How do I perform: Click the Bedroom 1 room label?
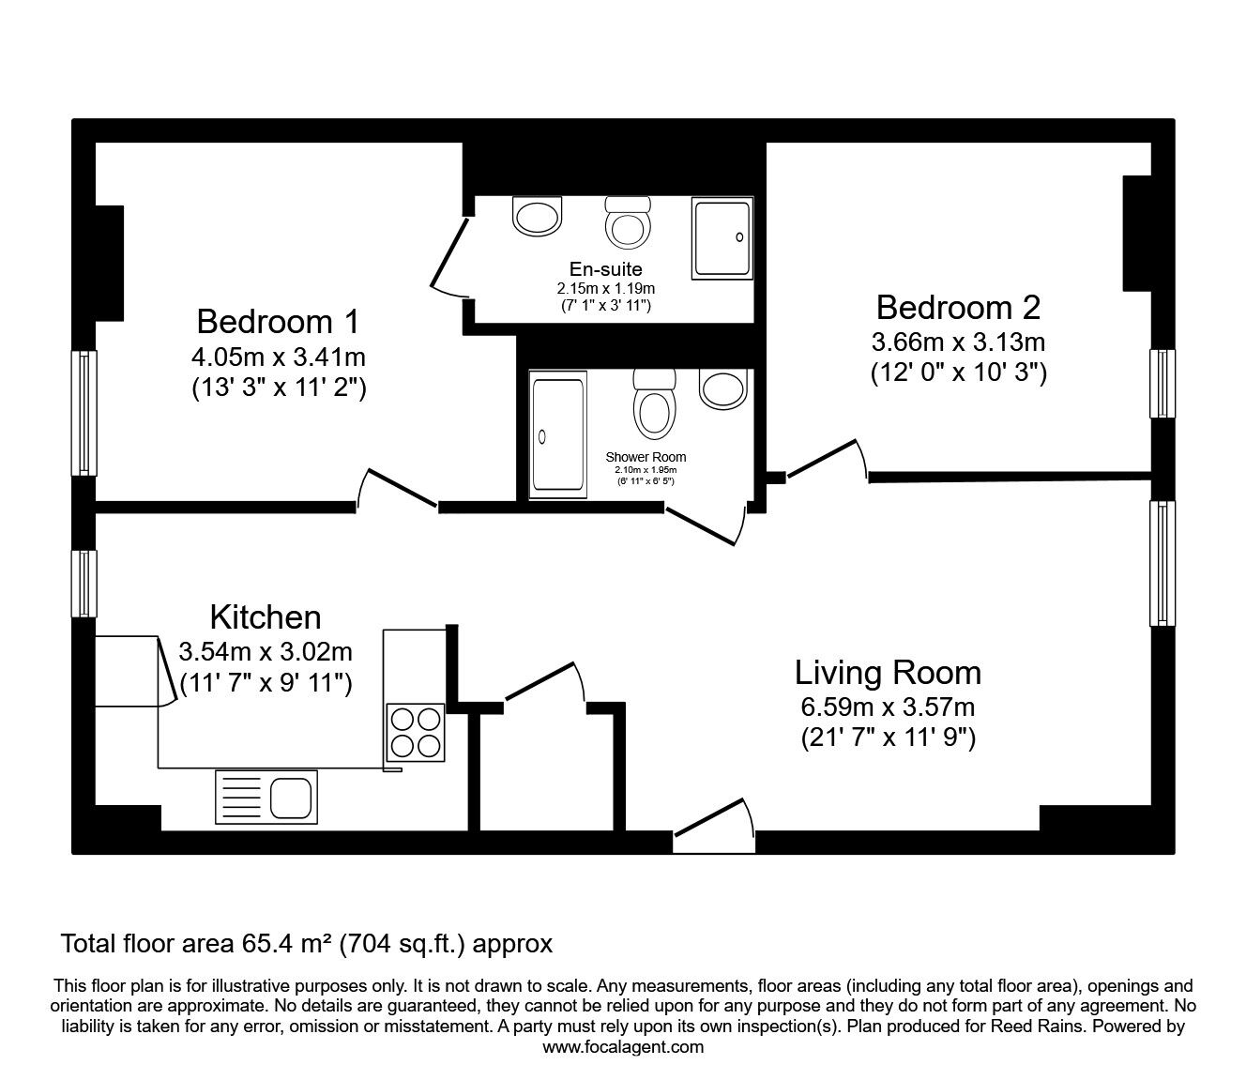[278, 322]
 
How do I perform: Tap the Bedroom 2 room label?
[958, 307]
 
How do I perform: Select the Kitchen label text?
[266, 617]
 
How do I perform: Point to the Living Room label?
[888, 673]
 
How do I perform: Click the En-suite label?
[605, 270]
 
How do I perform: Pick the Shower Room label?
[646, 457]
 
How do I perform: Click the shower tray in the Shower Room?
[557, 434]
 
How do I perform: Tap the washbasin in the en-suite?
[538, 216]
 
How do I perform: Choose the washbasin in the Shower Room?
[722, 388]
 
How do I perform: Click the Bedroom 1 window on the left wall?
[84, 413]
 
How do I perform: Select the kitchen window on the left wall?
[84, 583]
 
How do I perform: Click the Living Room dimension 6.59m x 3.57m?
[888, 707]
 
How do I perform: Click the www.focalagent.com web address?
[623, 1046]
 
